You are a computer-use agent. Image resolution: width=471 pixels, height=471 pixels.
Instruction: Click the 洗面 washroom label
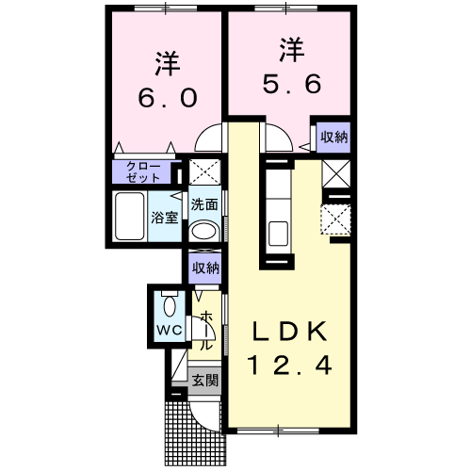pyautogui.click(x=204, y=203)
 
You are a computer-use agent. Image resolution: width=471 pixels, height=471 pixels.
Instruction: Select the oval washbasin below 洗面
pyautogui.click(x=203, y=233)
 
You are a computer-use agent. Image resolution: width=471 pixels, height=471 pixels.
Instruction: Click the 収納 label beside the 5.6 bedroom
pyautogui.click(x=333, y=137)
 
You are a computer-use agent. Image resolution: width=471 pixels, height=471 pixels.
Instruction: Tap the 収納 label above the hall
pyautogui.click(x=205, y=268)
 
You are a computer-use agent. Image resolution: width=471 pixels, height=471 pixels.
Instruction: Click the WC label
pyautogui.click(x=168, y=331)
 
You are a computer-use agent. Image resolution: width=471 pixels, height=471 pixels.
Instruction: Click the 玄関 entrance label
pyautogui.click(x=204, y=382)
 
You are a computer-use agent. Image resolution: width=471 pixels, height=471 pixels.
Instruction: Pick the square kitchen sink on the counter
pyautogui.click(x=277, y=231)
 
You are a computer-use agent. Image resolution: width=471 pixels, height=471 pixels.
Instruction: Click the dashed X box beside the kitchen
pyautogui.click(x=334, y=219)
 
